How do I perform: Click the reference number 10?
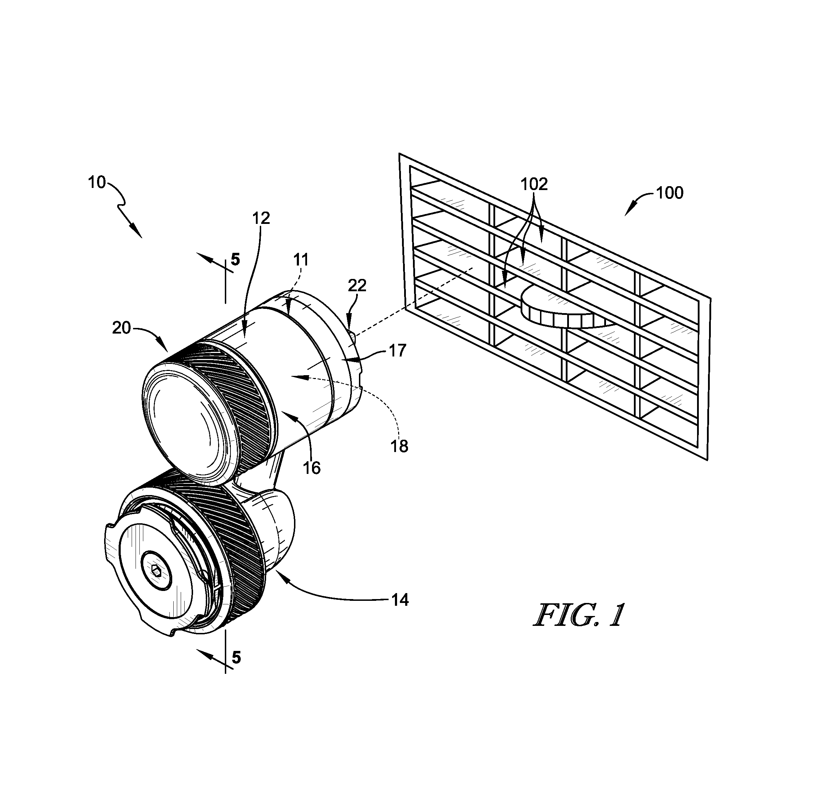click(x=97, y=182)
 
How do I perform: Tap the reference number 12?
click(x=261, y=218)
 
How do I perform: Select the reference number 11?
click(x=301, y=259)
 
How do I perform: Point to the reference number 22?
click(x=357, y=286)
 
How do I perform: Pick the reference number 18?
click(x=399, y=446)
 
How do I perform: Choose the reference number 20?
click(x=121, y=328)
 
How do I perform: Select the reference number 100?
click(x=670, y=193)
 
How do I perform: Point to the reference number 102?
click(x=534, y=184)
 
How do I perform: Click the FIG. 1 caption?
click(x=579, y=616)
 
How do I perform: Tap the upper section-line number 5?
click(x=236, y=259)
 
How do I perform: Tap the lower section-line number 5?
click(x=236, y=658)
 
